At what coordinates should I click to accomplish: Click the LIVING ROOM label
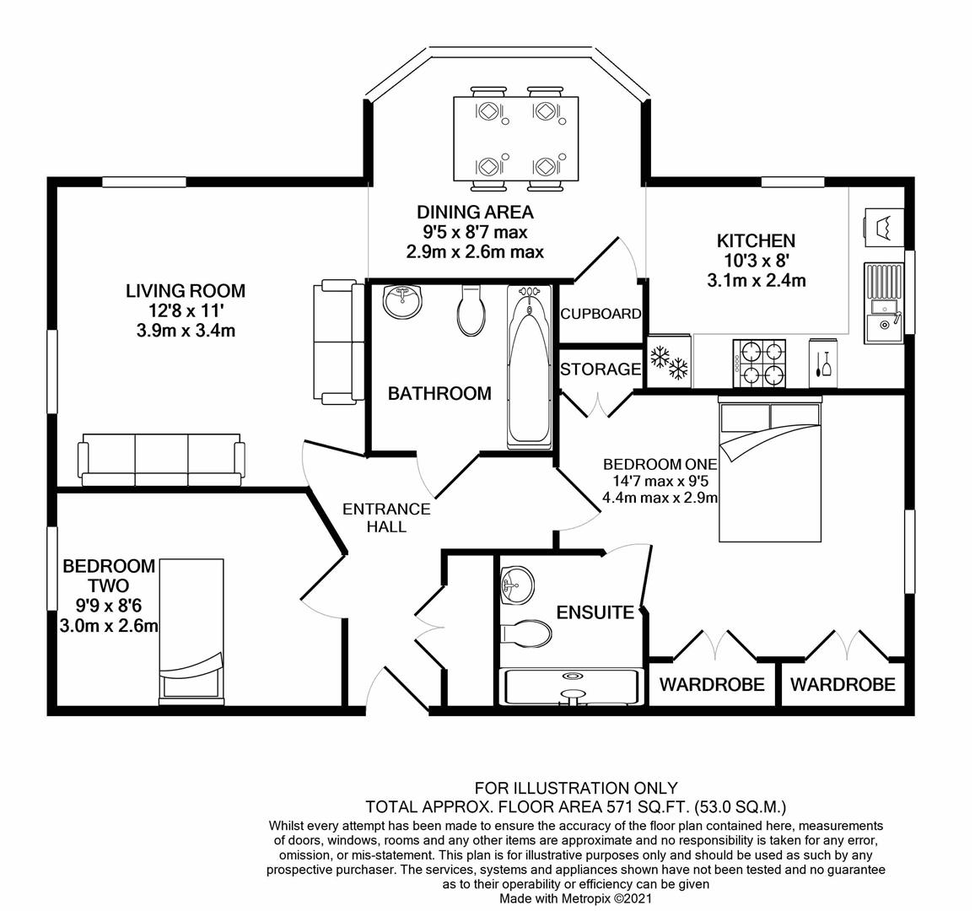(186, 290)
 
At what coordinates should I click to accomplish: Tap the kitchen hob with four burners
(759, 364)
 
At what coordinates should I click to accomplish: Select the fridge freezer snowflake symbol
(669, 363)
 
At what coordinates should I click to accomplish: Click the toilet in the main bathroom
(469, 310)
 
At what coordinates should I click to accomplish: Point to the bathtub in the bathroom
(529, 367)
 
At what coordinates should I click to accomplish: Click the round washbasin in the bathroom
(402, 301)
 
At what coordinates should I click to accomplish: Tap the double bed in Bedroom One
(770, 469)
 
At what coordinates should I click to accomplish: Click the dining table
(516, 138)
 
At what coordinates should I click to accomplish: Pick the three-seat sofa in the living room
(160, 461)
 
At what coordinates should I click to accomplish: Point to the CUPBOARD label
(601, 314)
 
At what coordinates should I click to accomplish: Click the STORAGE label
(601, 369)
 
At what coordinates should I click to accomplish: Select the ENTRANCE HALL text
(387, 517)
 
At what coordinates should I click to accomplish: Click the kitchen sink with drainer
(884, 303)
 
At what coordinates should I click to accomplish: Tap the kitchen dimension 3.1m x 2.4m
(756, 280)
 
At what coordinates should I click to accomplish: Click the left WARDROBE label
(712, 685)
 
